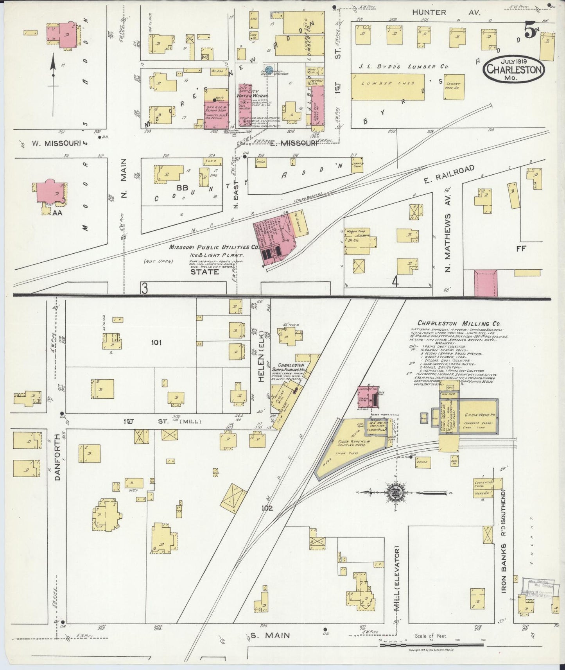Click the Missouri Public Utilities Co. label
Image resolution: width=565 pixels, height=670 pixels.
[213, 247]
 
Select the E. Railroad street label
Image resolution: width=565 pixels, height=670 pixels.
[449, 175]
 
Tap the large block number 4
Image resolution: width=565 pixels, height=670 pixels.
[395, 282]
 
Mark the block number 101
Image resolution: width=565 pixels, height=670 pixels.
[156, 343]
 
